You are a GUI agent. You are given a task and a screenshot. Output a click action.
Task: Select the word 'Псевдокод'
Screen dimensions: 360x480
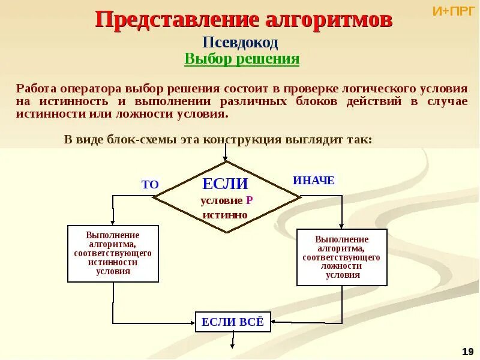[240, 43]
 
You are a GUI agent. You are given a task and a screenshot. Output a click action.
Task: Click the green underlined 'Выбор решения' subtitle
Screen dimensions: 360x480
[241, 59]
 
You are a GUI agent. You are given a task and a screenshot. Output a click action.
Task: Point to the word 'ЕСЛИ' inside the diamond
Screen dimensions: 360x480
[225, 184]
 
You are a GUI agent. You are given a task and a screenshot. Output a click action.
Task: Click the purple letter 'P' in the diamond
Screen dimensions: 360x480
[249, 200]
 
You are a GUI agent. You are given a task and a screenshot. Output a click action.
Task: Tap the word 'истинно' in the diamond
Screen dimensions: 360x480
[225, 214]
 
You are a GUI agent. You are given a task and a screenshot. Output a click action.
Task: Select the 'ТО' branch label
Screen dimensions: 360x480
[150, 185]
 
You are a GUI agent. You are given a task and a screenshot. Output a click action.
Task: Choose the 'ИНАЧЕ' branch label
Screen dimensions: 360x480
[314, 180]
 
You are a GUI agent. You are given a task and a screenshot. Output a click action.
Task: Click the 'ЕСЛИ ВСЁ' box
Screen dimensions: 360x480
[233, 322]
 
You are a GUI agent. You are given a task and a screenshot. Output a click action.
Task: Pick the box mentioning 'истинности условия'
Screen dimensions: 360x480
[113, 253]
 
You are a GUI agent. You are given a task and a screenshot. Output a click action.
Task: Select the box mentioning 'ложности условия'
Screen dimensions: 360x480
[342, 257]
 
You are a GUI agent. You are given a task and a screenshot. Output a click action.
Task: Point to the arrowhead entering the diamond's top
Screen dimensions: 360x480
[226, 158]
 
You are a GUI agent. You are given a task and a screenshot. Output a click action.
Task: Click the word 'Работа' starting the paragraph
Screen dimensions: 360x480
[34, 88]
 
